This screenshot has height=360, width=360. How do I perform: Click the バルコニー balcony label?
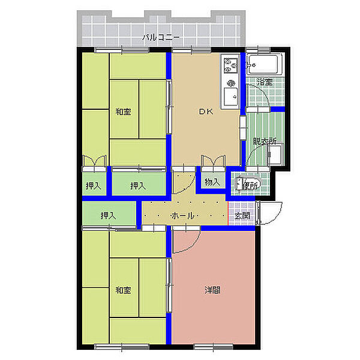tap(161, 37)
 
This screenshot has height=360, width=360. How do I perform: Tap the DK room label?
tap(206, 112)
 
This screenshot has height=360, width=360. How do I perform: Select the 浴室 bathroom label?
tap(265, 82)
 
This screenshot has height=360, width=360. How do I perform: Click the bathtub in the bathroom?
tap(265, 65)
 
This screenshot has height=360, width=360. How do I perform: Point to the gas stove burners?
tap(231, 65)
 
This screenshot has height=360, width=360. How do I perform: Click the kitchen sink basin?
tap(231, 96)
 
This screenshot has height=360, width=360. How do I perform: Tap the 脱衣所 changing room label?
tap(265, 141)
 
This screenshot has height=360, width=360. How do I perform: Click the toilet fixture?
tap(247, 184)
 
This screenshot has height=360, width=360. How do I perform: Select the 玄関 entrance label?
tap(242, 215)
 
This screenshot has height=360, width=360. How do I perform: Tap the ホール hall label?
tap(183, 215)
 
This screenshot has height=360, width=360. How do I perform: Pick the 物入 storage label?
tap(212, 182)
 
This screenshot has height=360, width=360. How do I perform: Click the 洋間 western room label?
tap(212, 290)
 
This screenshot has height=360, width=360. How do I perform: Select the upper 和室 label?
tap(123, 112)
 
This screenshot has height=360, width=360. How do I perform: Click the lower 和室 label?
tap(123, 290)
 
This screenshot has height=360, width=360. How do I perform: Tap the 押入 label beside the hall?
tap(108, 215)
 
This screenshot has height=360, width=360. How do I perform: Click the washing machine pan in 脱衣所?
tap(275, 154)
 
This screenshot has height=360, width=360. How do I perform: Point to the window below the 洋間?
tap(213, 347)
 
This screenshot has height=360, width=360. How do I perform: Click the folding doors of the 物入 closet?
tap(213, 163)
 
